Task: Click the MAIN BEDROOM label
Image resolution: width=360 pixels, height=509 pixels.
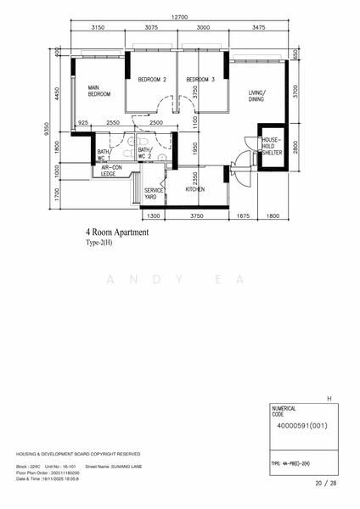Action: pos(99,91)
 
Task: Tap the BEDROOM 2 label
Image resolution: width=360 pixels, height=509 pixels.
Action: pos(152,80)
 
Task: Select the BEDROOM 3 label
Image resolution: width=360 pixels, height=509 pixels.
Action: pos(201,80)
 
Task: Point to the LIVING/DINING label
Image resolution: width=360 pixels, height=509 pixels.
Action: pos(257,96)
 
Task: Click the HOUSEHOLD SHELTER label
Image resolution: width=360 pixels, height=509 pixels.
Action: pos(272,146)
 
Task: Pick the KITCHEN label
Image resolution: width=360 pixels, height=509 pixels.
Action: pos(195,189)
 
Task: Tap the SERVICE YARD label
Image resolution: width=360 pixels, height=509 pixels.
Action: pos(153,193)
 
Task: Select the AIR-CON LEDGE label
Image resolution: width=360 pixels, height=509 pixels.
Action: pos(113,171)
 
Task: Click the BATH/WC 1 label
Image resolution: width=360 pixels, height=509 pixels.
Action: pos(104,154)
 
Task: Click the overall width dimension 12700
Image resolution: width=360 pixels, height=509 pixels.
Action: pos(178,17)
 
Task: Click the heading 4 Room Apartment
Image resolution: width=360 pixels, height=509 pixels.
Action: pos(117,232)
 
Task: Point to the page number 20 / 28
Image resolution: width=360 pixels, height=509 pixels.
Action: pos(325,483)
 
